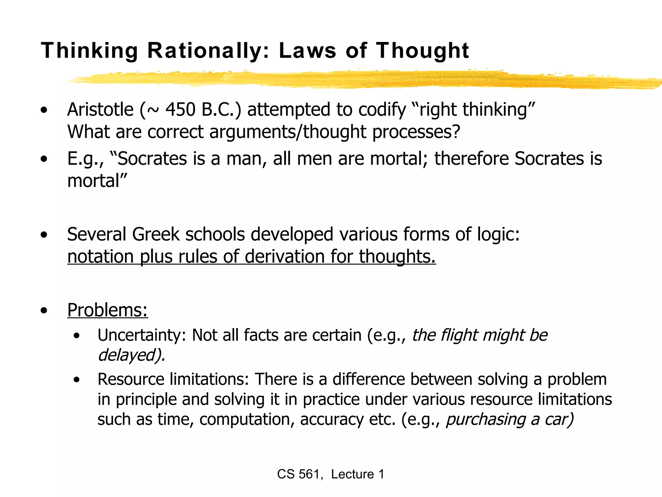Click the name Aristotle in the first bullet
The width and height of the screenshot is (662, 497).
coord(100,109)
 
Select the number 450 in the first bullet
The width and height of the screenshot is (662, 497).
coord(180,109)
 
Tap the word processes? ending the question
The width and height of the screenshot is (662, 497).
coord(416,132)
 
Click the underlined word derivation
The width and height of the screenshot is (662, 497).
coord(285,257)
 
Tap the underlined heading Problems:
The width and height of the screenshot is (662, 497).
coord(108,310)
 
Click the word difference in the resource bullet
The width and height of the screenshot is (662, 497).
coord(368,379)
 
